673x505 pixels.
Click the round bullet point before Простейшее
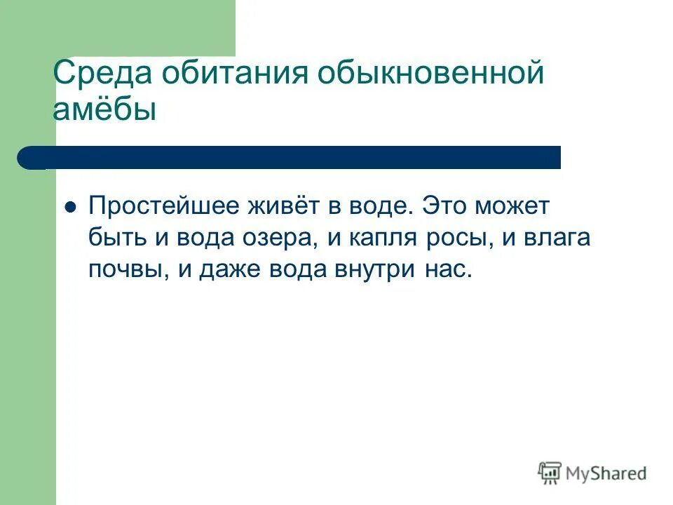tap(69, 208)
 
